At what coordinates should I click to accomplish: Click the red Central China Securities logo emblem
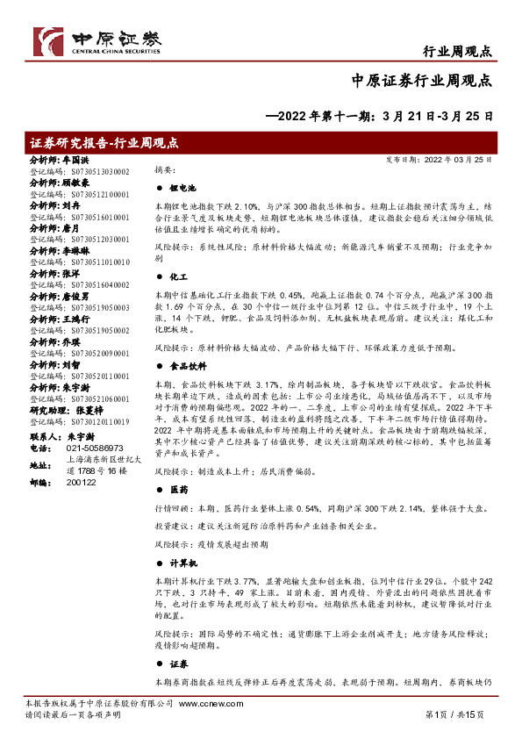[49, 39]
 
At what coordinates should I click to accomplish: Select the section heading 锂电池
[182, 188]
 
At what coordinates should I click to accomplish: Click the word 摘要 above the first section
[165, 169]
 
